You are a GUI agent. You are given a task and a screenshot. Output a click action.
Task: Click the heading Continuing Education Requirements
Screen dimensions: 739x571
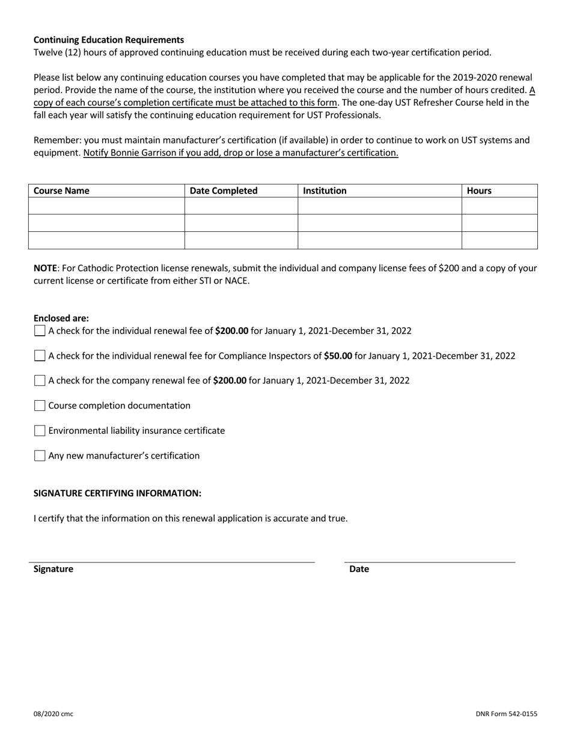point(108,40)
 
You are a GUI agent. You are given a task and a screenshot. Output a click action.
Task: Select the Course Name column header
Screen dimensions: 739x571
point(61,191)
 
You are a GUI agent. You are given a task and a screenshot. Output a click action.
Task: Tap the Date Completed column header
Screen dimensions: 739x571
point(224,191)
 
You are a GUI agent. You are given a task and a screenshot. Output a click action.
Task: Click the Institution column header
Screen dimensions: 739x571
point(325,191)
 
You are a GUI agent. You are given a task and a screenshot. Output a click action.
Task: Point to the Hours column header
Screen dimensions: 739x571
point(479,191)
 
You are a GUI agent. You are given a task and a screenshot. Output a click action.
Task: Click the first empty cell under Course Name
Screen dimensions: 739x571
point(106,206)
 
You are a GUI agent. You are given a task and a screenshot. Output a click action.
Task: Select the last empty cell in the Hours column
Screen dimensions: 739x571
point(499,240)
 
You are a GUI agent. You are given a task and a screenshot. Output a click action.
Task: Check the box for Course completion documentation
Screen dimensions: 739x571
point(40,406)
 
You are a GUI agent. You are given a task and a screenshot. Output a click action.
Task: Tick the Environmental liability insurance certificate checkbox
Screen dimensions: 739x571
point(40,431)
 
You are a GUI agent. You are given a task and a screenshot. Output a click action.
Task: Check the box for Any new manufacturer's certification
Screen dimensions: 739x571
point(40,456)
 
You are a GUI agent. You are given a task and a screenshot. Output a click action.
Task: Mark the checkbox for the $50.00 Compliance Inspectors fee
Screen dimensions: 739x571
point(40,356)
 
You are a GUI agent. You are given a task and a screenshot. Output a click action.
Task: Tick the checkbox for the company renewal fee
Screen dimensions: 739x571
point(40,380)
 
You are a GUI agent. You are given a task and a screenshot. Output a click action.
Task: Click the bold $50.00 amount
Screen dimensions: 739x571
point(338,356)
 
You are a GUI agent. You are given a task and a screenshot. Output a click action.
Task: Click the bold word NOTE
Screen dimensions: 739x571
point(45,268)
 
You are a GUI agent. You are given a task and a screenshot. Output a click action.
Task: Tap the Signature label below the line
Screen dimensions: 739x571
point(53,569)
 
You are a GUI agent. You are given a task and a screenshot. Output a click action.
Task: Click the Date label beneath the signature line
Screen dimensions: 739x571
point(359,569)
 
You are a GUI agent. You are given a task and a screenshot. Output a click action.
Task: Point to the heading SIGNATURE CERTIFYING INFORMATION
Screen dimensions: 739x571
point(117,493)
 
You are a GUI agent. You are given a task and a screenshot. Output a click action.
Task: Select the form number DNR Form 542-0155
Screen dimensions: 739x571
point(506,714)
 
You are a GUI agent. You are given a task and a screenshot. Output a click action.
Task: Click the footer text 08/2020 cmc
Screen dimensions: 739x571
point(53,714)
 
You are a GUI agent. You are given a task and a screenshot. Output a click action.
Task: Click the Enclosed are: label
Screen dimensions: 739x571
point(61,318)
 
